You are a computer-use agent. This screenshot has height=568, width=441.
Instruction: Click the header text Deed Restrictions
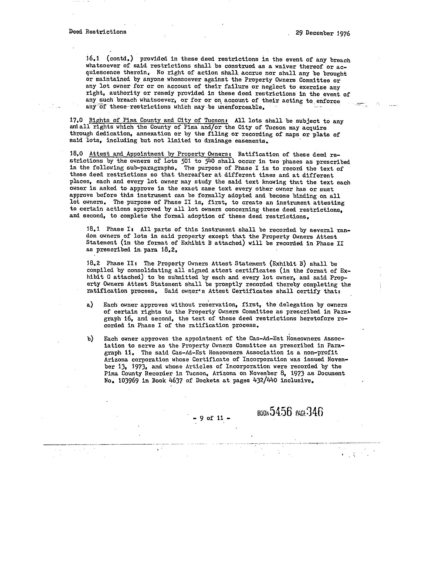pos(98,32)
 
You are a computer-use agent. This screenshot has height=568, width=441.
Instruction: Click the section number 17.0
pos(76,121)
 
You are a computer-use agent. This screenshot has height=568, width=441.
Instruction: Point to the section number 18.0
pos(76,154)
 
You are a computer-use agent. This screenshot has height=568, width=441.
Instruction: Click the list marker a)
pos(90,305)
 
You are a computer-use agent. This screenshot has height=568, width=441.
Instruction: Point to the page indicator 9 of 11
pos(211,418)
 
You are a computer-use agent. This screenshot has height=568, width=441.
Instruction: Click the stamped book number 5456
pos(281,412)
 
